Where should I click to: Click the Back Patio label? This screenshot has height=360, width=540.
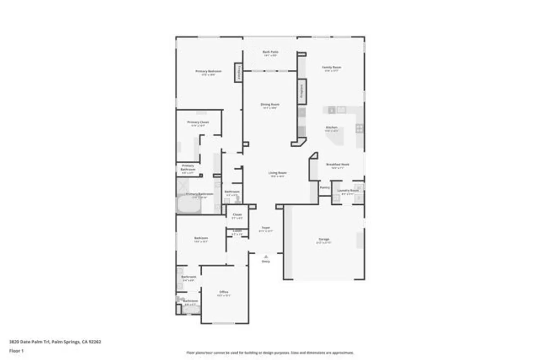pyautogui.click(x=270, y=52)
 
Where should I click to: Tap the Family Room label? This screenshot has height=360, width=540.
pyautogui.click(x=331, y=67)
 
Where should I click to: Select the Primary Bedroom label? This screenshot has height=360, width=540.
pyautogui.click(x=208, y=72)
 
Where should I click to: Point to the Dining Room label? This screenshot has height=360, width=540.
pyautogui.click(x=270, y=105)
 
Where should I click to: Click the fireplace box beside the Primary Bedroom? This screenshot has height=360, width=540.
pyautogui.click(x=238, y=72)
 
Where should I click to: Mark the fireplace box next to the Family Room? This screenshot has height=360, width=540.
pyautogui.click(x=302, y=91)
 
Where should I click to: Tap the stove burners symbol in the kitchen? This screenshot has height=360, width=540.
pyautogui.click(x=360, y=129)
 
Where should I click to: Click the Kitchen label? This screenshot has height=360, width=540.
pyautogui.click(x=331, y=128)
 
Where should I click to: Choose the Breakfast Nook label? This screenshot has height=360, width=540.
pyautogui.click(x=337, y=165)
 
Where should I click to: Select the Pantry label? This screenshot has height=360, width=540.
pyautogui.click(x=325, y=187)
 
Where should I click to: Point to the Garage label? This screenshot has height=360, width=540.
pyautogui.click(x=324, y=239)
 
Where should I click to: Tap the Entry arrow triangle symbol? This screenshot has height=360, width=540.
pyautogui.click(x=266, y=256)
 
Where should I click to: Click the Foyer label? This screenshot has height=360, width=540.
pyautogui.click(x=266, y=228)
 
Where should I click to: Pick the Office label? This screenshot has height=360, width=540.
pyautogui.click(x=224, y=292)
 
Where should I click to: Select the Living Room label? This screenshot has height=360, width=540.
pyautogui.click(x=277, y=173)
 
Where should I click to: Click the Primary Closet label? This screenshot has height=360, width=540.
pyautogui.click(x=198, y=122)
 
